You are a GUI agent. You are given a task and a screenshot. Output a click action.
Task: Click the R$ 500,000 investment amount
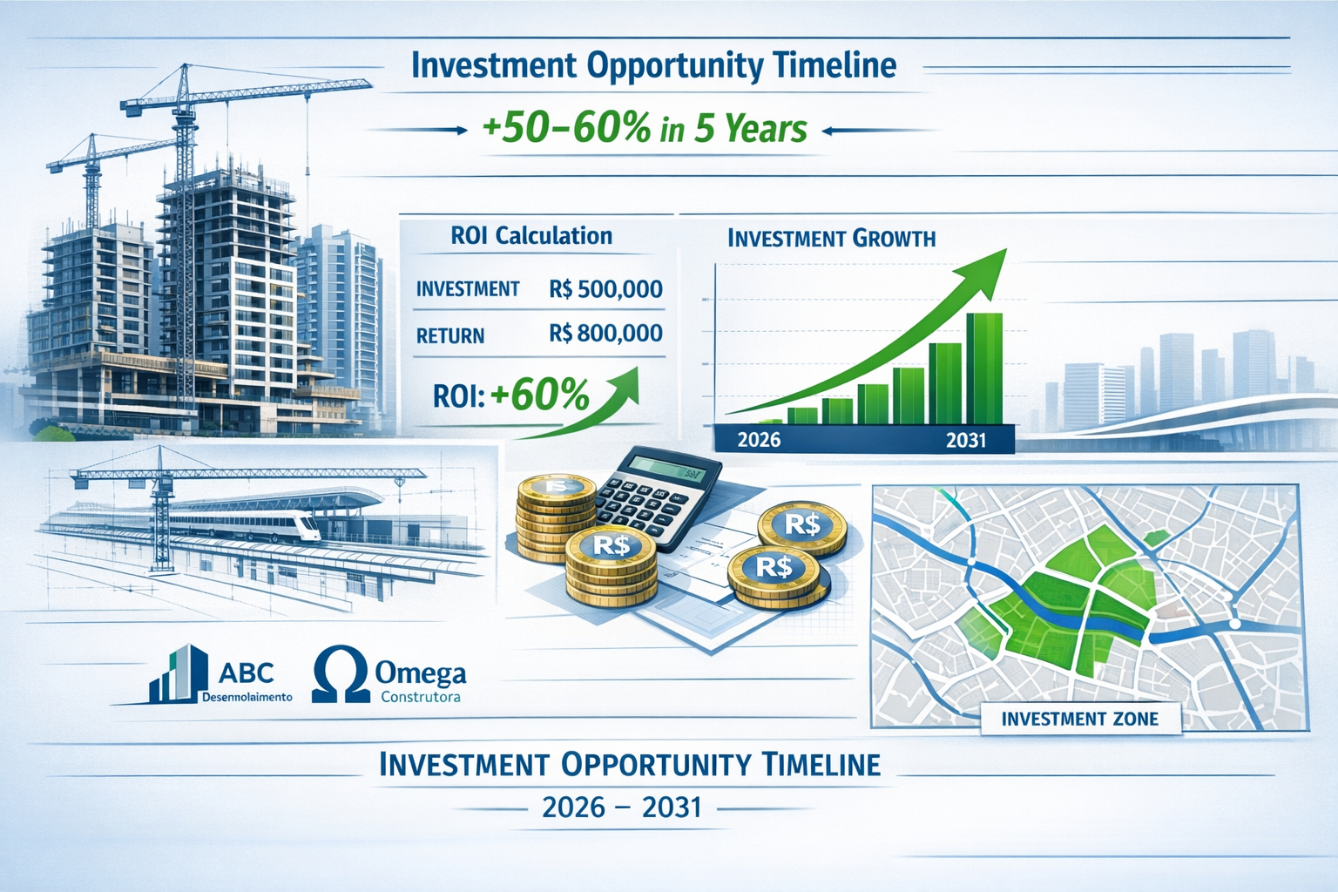click(x=605, y=289)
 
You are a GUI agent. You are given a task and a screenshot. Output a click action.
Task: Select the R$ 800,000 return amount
click(x=605, y=333)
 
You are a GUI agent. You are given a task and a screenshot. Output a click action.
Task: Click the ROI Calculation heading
click(x=531, y=236)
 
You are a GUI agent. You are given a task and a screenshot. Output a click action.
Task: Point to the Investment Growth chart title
click(x=831, y=239)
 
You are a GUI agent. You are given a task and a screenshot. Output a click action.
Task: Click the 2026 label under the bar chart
click(x=759, y=440)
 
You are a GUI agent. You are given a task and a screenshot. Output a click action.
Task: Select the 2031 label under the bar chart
click(x=965, y=440)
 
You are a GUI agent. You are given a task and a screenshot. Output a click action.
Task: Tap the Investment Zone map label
click(x=1079, y=720)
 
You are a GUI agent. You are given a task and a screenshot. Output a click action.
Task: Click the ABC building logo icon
click(x=179, y=675)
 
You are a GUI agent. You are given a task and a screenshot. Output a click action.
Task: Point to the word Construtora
click(x=420, y=698)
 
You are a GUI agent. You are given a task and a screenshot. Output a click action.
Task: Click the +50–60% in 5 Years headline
click(x=645, y=130)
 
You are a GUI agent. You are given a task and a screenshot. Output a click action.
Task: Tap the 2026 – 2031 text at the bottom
click(x=621, y=808)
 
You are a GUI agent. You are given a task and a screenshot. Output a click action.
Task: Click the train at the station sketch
click(x=261, y=525)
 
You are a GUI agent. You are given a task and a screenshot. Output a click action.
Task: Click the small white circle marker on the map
click(x=1234, y=624)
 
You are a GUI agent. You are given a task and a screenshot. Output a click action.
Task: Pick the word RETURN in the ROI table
click(x=450, y=336)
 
